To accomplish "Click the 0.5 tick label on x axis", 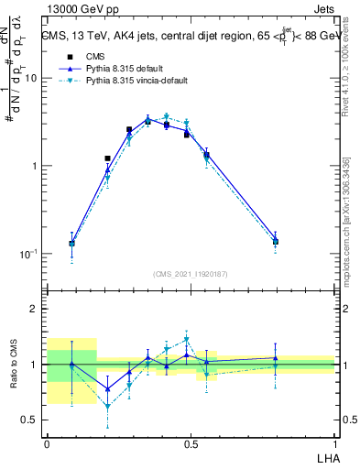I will [191, 444].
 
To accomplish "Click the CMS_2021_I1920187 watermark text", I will [191, 274].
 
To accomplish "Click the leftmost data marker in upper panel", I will [72, 244].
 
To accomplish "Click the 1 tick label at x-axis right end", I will [334, 444].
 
